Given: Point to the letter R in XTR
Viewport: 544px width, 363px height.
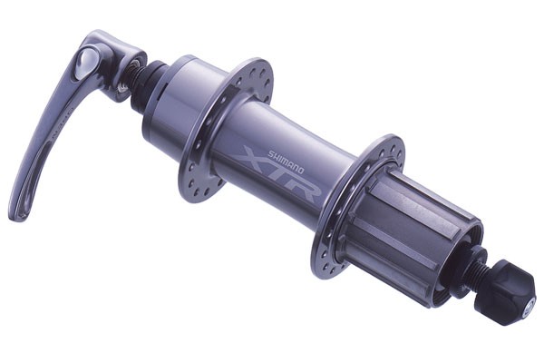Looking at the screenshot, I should click(303, 188).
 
